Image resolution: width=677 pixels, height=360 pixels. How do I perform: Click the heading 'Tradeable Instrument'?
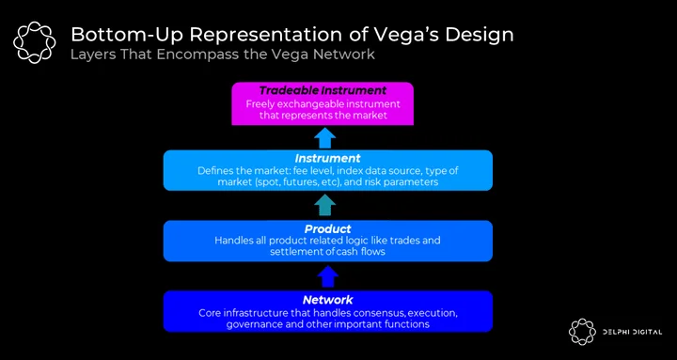323,90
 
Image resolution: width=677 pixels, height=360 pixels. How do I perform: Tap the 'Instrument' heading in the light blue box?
328,158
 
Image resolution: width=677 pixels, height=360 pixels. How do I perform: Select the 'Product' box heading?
328,228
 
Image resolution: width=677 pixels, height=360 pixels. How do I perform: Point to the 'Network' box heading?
328,300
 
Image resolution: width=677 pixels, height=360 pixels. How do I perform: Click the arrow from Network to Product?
328,276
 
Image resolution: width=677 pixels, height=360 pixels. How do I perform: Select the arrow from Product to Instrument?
325,205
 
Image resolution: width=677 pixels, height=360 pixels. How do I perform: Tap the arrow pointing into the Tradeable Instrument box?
324,137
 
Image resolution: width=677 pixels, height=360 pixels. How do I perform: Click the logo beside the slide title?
35,42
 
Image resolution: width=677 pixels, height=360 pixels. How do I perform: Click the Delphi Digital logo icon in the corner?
582,332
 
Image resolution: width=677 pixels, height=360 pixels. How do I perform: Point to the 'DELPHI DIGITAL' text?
633,332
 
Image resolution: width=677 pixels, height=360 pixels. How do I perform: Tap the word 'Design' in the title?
480,36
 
